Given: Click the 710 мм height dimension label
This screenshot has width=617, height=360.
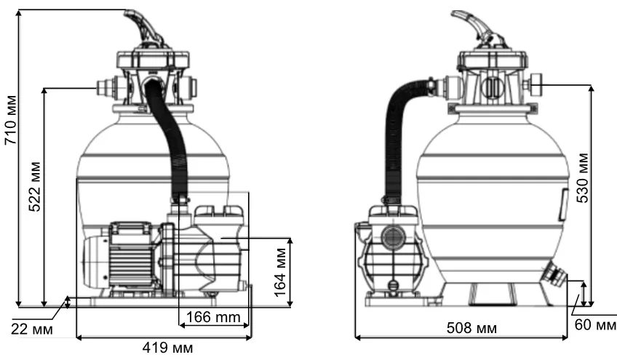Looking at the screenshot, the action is click(11, 120).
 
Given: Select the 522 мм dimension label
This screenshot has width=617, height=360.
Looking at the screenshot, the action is click(35, 186).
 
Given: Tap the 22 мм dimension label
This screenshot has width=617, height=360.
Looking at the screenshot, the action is click(31, 329).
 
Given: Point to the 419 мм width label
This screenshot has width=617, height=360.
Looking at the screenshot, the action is click(167, 348).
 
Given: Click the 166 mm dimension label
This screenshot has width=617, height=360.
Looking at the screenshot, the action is click(213, 316).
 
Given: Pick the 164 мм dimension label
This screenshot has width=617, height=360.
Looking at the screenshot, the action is click(280, 272).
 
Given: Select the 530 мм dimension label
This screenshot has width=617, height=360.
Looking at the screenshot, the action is click(583, 178).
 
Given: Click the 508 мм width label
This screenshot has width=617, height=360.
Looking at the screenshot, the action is click(471, 328).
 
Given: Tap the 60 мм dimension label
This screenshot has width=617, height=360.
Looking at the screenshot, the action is click(595, 325).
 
